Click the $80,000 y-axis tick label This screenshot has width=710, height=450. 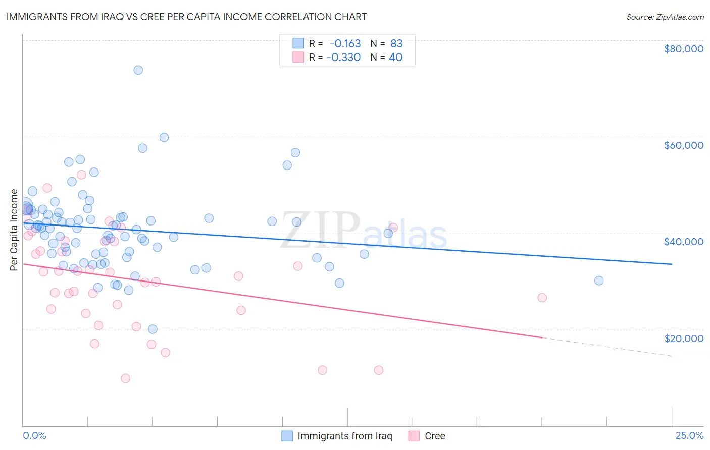(x=683, y=49)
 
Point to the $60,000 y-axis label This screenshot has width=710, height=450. (x=683, y=145)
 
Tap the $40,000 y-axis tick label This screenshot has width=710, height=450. (x=683, y=242)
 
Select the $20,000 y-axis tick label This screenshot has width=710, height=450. (x=683, y=338)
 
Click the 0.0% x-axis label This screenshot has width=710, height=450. (x=34, y=435)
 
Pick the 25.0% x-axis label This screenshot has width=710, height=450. (x=689, y=435)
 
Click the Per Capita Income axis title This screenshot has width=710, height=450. (x=14, y=230)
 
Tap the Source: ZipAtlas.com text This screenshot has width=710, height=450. (x=665, y=17)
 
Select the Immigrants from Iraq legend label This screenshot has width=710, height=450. (x=344, y=436)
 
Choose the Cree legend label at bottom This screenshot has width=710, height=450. (x=435, y=436)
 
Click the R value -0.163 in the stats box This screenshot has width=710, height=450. (x=345, y=44)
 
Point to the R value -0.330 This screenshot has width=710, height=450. (x=343, y=57)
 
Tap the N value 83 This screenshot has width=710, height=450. (x=396, y=44)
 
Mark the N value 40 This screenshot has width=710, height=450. (x=395, y=57)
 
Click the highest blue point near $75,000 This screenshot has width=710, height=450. (x=138, y=70)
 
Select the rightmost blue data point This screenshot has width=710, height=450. (x=599, y=280)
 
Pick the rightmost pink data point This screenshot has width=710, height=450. (x=542, y=298)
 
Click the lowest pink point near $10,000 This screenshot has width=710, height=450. (x=126, y=378)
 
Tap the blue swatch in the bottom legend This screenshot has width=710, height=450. (x=287, y=436)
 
